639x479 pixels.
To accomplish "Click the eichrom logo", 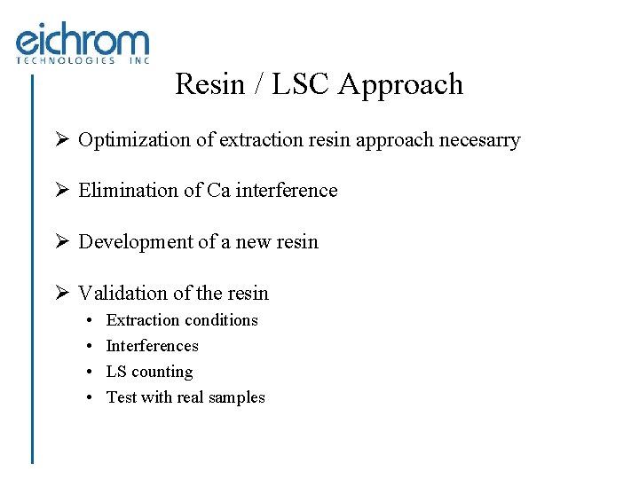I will click(82, 41).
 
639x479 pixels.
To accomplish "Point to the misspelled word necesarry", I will click(479, 141).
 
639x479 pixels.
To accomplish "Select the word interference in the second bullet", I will click(286, 191).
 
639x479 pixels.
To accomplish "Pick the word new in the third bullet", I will click(255, 242).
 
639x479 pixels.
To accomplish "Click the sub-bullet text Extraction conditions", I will click(182, 320).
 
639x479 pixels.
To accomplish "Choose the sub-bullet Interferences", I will click(152, 346).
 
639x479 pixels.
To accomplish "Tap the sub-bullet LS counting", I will click(149, 373).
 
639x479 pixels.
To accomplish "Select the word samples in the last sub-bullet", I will click(236, 398).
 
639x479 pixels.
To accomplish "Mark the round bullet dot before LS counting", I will click(91, 373).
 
